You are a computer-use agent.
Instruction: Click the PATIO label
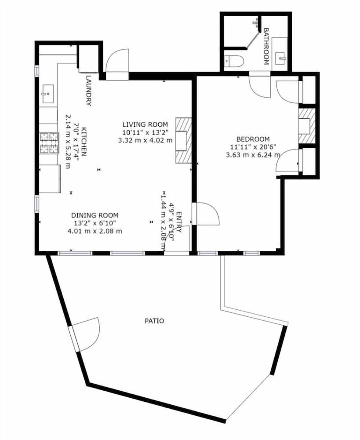tap(154, 321)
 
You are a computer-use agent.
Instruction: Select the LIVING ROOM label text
tap(145, 124)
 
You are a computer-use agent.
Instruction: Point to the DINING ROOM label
tap(95, 215)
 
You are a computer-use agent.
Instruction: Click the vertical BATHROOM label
tap(266, 46)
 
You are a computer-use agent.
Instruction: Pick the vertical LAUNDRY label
tap(88, 91)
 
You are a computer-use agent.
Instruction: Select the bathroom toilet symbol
tap(233, 62)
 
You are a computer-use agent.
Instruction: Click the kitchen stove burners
tap(49, 143)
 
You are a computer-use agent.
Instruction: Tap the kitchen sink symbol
tap(47, 93)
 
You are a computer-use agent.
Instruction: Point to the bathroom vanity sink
tap(280, 57)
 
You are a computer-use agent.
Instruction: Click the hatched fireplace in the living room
tap(183, 141)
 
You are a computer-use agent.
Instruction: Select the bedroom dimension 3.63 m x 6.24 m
tap(252, 155)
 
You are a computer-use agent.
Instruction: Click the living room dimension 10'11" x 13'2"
tap(145, 132)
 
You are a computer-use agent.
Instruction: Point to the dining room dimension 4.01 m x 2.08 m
tap(95, 230)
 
